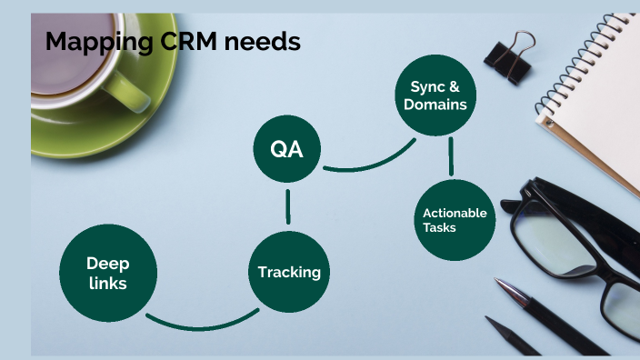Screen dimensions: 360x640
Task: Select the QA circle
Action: click(x=287, y=149)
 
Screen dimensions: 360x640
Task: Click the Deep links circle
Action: click(x=107, y=273)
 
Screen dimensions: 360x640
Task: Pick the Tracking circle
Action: click(x=288, y=272)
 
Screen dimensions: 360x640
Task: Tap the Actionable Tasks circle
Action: click(x=455, y=220)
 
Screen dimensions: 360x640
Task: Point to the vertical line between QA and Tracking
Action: click(x=288, y=206)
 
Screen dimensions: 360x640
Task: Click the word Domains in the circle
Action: click(x=436, y=105)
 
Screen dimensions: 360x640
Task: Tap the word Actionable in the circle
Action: click(x=455, y=213)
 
